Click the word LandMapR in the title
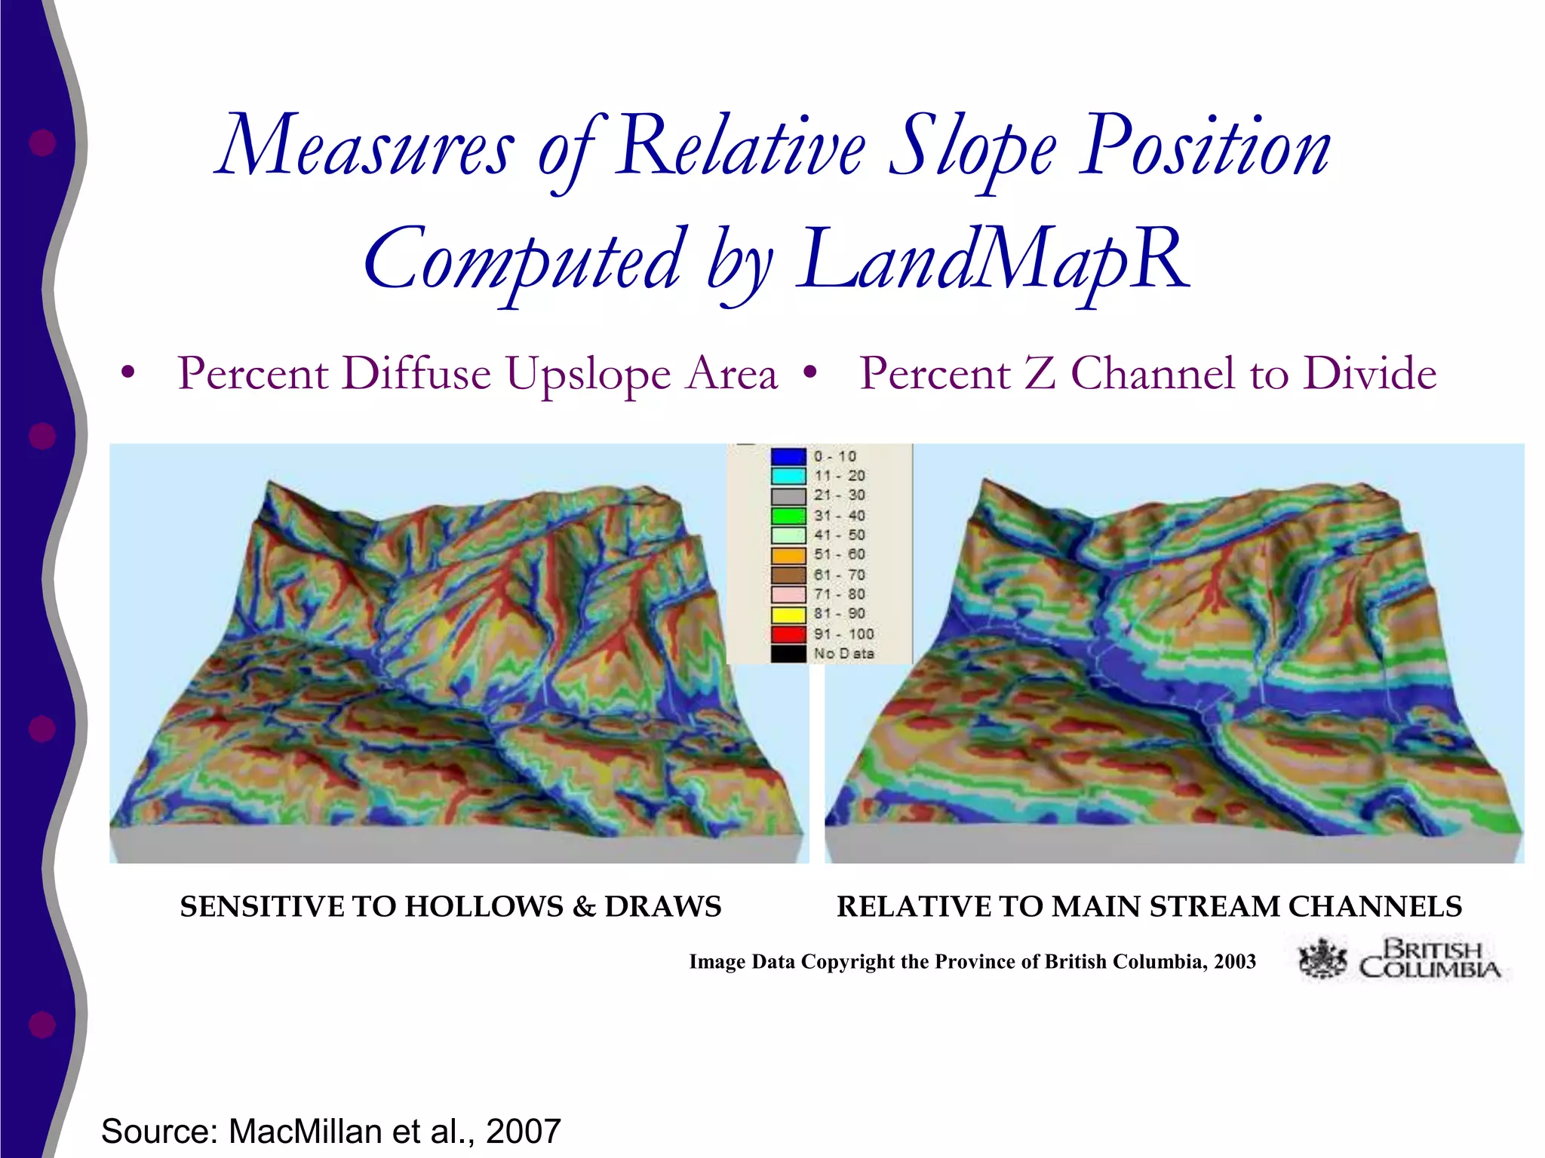(x=994, y=260)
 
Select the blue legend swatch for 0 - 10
(x=788, y=456)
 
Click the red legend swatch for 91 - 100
(x=788, y=634)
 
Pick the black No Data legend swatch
(x=788, y=654)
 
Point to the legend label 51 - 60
(x=840, y=555)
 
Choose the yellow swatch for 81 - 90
(x=788, y=614)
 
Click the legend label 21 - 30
(x=840, y=495)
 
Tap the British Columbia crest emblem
(x=1322, y=960)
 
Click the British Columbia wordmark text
(x=1430, y=959)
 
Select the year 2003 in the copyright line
(x=1234, y=962)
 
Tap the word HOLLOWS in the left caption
(x=484, y=907)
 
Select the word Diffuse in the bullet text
(x=416, y=374)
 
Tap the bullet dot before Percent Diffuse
(x=128, y=372)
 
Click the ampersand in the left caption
(x=584, y=907)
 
